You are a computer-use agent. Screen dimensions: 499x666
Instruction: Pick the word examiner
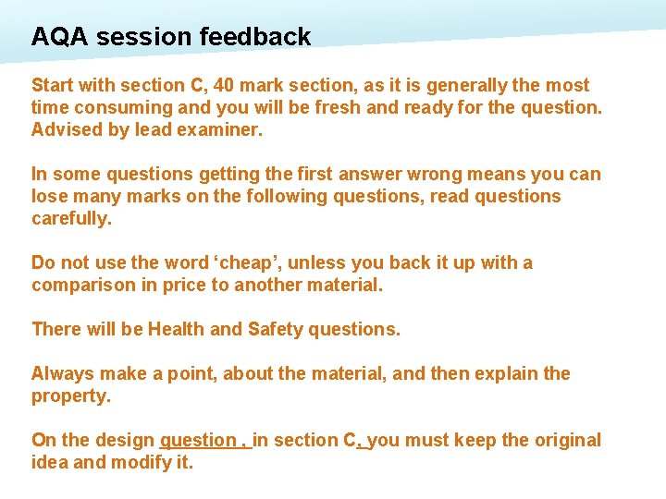point(223,129)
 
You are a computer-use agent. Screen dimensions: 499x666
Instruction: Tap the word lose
point(49,196)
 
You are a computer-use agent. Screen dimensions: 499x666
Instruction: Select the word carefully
point(70,218)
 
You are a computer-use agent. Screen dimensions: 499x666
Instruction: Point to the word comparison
point(83,285)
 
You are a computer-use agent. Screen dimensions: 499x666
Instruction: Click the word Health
point(177,329)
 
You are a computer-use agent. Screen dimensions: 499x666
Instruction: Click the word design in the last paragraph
point(127,440)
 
